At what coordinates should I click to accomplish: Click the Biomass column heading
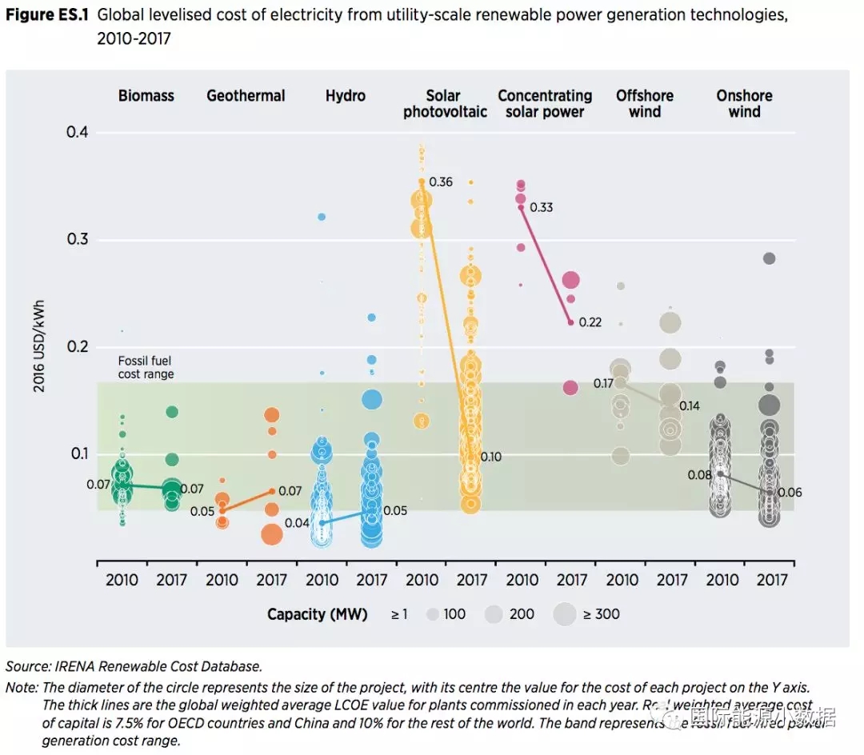click(x=146, y=96)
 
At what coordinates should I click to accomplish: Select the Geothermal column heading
click(x=246, y=96)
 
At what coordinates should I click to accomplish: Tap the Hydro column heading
click(x=346, y=96)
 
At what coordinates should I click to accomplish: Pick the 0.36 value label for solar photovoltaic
click(x=441, y=182)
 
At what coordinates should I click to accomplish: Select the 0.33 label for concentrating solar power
click(x=542, y=208)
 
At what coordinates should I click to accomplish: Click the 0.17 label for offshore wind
click(x=603, y=384)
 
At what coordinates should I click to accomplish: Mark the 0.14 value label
click(x=689, y=406)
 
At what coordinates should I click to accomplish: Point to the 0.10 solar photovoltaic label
click(x=490, y=457)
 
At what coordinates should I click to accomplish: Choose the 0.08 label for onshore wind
click(x=699, y=475)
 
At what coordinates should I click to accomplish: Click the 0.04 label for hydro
click(x=297, y=523)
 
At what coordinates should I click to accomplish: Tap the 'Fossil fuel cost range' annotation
click(x=146, y=367)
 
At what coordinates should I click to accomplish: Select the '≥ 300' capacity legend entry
click(x=600, y=614)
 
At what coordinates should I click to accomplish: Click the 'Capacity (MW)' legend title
click(x=318, y=614)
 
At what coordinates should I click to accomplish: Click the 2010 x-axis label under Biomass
click(x=122, y=580)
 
